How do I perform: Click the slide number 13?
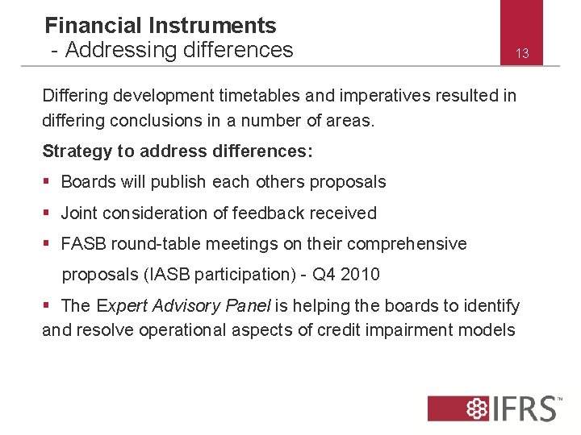522,54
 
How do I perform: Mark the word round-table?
157,243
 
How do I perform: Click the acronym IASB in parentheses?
172,274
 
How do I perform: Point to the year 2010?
360,274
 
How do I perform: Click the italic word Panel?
250,305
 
